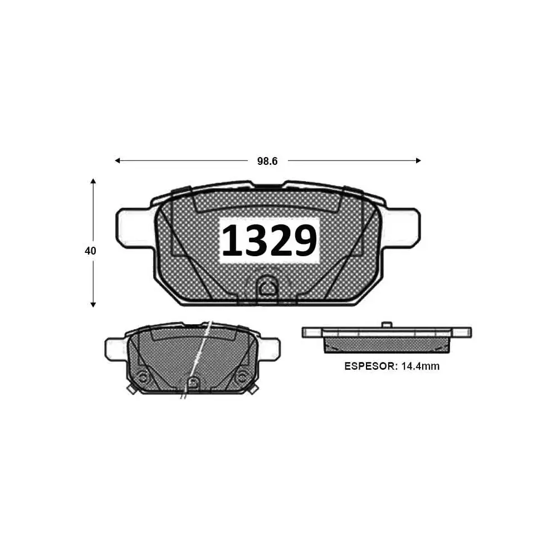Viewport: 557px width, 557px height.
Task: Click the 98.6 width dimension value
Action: [x=267, y=161]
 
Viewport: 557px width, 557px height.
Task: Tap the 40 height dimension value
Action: [x=90, y=251]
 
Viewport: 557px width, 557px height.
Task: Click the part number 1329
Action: [x=270, y=241]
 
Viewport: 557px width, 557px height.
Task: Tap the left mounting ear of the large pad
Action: [x=131, y=227]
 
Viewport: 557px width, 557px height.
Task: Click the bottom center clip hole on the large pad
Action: [x=268, y=288]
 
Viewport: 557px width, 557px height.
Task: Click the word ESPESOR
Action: [x=366, y=366]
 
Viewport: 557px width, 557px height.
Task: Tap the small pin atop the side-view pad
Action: [x=386, y=324]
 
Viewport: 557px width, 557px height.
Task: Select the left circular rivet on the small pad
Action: [x=143, y=377]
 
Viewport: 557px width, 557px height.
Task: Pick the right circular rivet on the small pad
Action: [x=242, y=377]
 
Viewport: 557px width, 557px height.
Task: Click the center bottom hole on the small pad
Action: [x=193, y=383]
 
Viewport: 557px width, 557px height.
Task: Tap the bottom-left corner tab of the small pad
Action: [x=131, y=390]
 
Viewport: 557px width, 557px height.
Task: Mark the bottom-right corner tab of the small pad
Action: [x=253, y=390]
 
